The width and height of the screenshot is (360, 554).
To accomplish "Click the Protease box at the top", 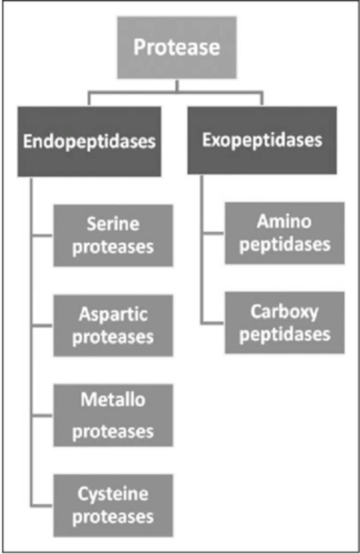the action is tap(177, 48).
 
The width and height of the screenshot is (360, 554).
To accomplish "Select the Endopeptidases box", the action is tap(89, 141).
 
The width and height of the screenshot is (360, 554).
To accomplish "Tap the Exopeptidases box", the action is tap(262, 140).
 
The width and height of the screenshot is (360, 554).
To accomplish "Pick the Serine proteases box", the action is tap(113, 235).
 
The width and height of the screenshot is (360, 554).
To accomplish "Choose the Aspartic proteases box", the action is tap(113, 325).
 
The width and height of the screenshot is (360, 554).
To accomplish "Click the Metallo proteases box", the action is tap(113, 415).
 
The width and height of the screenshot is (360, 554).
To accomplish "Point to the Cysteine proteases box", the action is tap(113, 505).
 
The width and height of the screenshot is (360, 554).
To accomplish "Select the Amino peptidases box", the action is tap(284, 233).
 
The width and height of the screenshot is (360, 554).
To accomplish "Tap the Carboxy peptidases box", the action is tap(284, 323).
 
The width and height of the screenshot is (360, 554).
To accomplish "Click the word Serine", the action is tap(113, 225).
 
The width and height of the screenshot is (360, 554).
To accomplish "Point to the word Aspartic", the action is tap(113, 315).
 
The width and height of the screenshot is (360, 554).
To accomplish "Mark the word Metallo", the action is tap(113, 400).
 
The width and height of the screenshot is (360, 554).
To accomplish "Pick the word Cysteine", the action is tap(113, 494).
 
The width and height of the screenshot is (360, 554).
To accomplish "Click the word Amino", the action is tap(284, 222).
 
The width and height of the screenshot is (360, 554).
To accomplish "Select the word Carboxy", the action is tap(284, 312).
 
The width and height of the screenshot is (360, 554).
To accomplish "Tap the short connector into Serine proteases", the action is tap(42, 236).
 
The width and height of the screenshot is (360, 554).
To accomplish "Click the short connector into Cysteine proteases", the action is tap(42, 505).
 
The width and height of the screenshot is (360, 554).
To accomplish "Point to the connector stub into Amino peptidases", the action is tap(213, 233).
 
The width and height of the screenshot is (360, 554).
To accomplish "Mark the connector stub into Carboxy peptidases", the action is tap(213, 323).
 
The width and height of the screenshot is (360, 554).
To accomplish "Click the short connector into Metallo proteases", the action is tap(42, 415).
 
